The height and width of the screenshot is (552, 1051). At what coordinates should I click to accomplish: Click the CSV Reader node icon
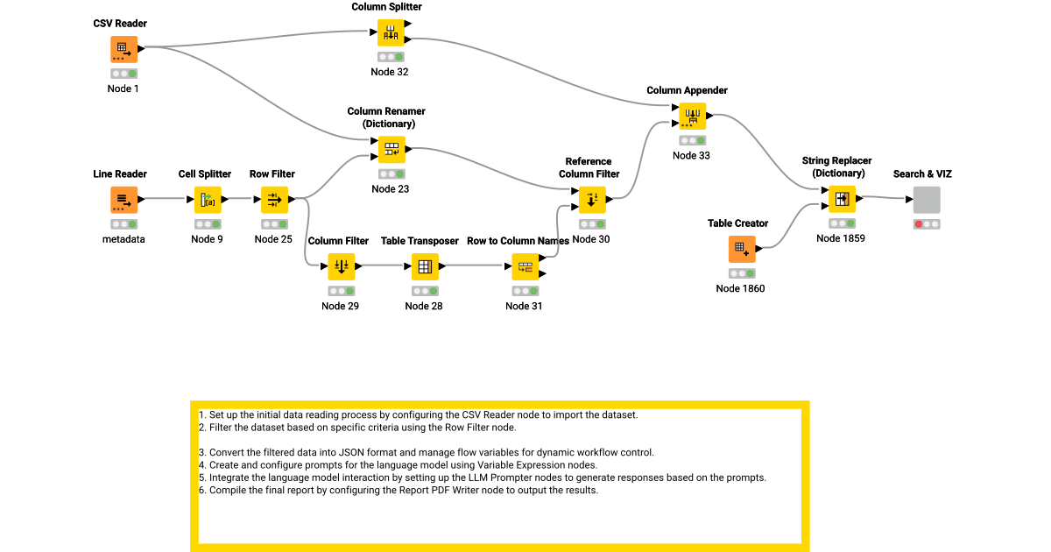123,49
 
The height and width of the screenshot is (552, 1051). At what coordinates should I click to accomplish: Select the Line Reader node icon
123,200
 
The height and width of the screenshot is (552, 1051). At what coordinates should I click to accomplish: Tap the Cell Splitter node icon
208,200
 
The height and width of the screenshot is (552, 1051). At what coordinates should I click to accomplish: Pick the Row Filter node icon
274,200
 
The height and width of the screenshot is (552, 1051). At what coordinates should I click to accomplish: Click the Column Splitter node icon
391,32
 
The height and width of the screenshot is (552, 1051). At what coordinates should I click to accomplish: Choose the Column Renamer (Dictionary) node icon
391,149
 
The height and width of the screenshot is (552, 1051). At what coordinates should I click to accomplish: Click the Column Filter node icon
341,266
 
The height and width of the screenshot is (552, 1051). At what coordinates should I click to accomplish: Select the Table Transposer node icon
425,266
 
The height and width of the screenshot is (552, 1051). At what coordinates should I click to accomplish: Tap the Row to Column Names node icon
525,266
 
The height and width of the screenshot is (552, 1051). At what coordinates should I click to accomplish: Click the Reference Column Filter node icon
592,200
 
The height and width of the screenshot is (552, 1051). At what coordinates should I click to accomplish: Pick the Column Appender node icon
692,116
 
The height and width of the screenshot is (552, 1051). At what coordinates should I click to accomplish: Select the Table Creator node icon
742,249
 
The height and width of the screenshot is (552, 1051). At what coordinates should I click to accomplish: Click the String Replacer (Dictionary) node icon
842,199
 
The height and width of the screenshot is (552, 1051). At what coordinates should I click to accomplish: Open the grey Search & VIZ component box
927,200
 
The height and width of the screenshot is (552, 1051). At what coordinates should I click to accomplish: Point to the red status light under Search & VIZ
919,224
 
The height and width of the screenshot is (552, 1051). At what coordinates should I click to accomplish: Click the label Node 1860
740,288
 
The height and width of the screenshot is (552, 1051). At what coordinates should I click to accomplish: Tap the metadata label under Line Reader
123,239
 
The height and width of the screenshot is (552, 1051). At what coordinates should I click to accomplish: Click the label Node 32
390,72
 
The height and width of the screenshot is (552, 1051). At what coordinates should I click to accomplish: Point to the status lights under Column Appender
692,140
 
